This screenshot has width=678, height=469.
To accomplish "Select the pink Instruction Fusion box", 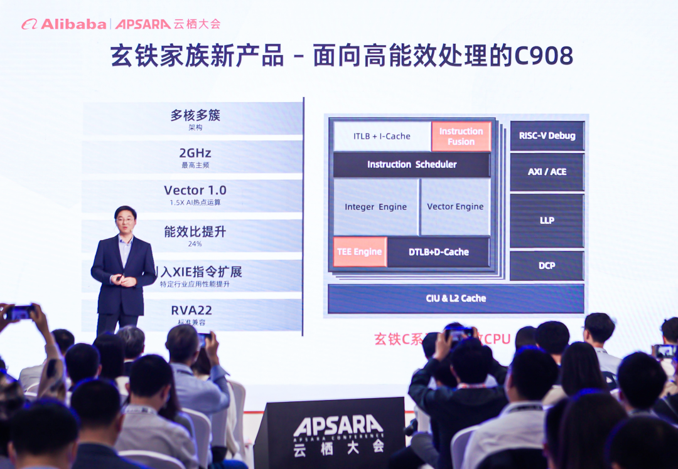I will [x=461, y=136].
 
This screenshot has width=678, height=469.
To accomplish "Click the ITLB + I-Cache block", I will [x=382, y=136].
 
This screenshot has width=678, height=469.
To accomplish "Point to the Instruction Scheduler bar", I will [x=412, y=164].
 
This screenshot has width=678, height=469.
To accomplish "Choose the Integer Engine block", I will [x=375, y=207].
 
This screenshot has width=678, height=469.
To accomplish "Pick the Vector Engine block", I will [x=455, y=207].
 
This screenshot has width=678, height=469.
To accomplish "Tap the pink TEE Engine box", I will [x=360, y=251].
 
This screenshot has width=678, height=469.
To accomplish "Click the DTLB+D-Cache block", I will [x=439, y=251].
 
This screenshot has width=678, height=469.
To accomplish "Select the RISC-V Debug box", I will [x=547, y=135].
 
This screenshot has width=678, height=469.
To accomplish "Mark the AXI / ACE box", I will [x=547, y=171].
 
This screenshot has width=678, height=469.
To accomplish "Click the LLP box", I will [x=547, y=220].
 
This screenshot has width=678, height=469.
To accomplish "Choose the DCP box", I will [x=547, y=265].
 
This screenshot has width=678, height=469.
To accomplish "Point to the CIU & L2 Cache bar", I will [x=456, y=298].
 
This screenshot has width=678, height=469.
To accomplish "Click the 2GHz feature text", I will [x=195, y=153].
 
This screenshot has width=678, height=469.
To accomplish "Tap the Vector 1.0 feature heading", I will [x=195, y=190].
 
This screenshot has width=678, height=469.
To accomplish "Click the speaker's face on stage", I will [x=126, y=221].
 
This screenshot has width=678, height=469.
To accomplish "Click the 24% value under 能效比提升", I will [x=195, y=244].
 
